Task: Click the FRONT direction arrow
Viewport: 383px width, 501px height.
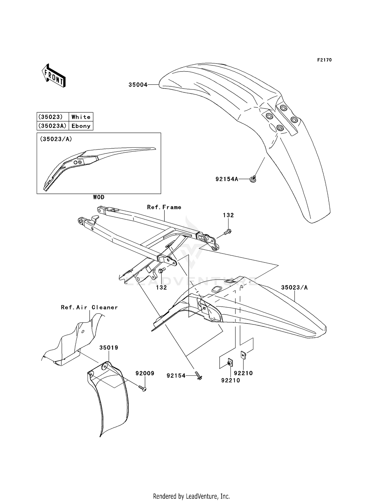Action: (54, 76)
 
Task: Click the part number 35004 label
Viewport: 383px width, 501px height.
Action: (138, 85)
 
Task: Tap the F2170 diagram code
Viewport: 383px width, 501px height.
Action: (324, 60)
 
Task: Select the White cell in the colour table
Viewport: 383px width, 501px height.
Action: (81, 117)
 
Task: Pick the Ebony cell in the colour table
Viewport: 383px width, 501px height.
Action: (81, 126)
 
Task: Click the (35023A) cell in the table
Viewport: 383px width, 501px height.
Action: (53, 126)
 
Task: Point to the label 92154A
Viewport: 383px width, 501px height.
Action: (227, 179)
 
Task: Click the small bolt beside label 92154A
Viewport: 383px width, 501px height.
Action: (253, 180)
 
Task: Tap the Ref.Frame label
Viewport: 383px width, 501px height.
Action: (164, 207)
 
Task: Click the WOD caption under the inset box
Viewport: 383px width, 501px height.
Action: (99, 197)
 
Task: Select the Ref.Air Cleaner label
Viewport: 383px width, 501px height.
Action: (89, 307)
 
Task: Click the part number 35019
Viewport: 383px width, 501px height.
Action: (109, 348)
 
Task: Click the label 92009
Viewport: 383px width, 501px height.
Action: (145, 373)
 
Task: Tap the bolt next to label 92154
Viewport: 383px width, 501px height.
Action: (199, 376)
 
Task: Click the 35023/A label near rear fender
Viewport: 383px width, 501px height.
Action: (294, 288)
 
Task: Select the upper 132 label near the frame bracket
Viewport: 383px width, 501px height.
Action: (228, 215)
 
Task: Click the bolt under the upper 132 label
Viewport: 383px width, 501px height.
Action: (228, 232)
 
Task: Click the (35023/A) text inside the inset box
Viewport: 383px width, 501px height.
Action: (56, 139)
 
